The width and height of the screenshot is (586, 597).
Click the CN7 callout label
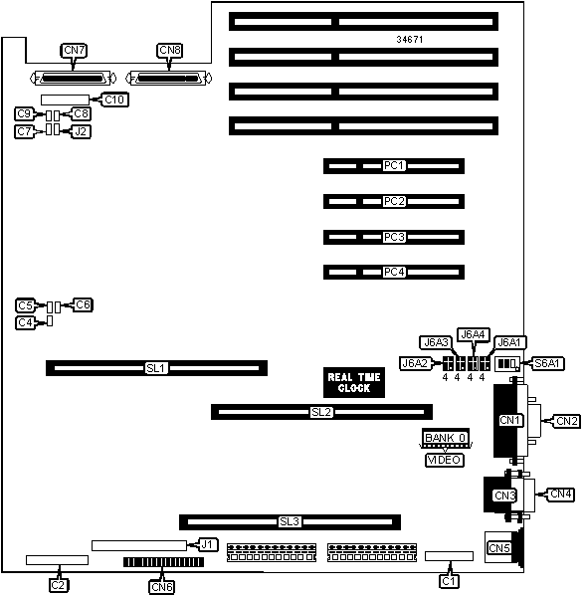tap(74, 51)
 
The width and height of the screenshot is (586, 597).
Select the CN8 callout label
tap(170, 51)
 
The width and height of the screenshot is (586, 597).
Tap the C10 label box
tap(114, 99)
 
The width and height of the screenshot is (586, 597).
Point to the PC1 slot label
tap(394, 165)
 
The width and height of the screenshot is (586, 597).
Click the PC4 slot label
tap(394, 272)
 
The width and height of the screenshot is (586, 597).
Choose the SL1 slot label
tap(156, 368)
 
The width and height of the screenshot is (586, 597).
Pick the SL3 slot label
tap(290, 521)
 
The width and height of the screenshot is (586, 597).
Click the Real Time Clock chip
tap(354, 383)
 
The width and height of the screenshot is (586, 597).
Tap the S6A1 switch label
tap(547, 363)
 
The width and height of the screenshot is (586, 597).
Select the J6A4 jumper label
tap(473, 334)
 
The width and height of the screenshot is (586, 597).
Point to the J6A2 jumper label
tap(415, 363)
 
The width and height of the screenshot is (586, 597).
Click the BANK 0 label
tap(446, 437)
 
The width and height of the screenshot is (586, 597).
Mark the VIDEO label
tap(445, 460)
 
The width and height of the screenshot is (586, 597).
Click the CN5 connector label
tap(499, 548)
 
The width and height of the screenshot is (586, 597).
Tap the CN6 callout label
tap(162, 587)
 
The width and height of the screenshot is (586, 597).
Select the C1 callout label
tap(450, 581)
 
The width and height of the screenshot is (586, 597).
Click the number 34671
tap(410, 39)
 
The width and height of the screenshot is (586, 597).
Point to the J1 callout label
tap(207, 544)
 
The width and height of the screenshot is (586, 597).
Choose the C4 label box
tap(26, 322)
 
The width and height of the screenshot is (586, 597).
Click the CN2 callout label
tap(567, 421)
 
